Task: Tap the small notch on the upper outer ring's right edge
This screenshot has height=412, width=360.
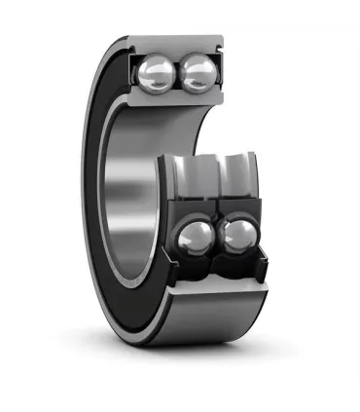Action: click(x=223, y=45)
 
